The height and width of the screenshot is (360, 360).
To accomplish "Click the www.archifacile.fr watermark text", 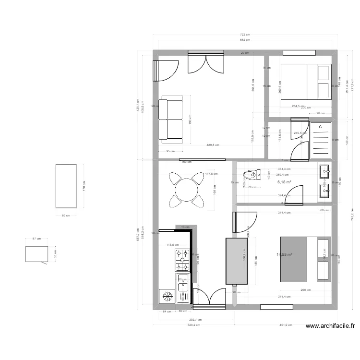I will click(330, 326).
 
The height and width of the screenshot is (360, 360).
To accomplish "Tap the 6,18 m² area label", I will click(284, 182).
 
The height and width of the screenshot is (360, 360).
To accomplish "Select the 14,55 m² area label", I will click(285, 254).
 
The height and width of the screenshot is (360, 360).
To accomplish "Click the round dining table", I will click(185, 190).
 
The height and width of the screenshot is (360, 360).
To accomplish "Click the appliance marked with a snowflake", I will click(168, 296).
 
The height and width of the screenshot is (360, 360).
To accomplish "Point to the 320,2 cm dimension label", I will click(193, 325).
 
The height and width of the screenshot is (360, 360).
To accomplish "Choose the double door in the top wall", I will click(206, 63).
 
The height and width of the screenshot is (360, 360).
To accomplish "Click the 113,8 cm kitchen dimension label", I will click(172, 245).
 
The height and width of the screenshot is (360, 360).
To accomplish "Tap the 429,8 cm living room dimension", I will click(213, 144).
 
